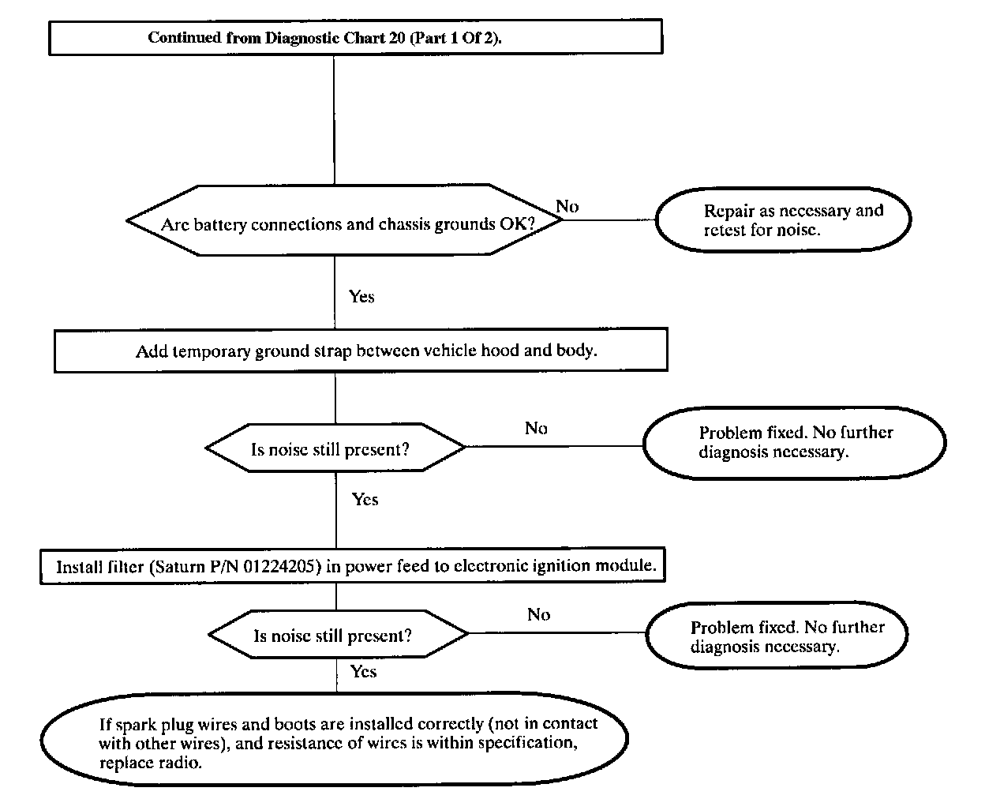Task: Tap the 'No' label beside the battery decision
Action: [x=567, y=206]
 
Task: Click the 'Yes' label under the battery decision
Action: [x=361, y=297]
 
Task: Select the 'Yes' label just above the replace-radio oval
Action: [x=364, y=671]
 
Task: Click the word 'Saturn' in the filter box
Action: [x=179, y=567]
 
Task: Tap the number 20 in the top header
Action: [x=397, y=37]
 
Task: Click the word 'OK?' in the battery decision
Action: [x=517, y=224]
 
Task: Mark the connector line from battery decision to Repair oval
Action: [x=609, y=219]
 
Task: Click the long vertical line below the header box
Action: [x=334, y=120]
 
